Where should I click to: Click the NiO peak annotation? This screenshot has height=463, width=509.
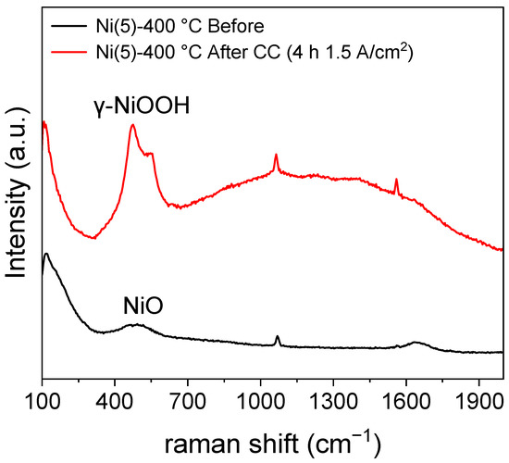143,305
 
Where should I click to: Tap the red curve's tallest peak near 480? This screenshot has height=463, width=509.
133,126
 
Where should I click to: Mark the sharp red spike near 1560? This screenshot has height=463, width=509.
396,180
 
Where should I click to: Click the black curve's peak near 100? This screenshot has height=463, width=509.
46,253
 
